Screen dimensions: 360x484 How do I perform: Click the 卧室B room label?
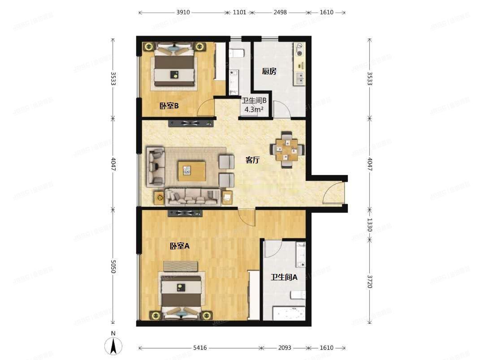pyautogui.click(x=169, y=106)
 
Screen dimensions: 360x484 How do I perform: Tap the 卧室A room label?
pyautogui.click(x=180, y=246)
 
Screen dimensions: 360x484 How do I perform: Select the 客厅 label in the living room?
pyautogui.click(x=252, y=160)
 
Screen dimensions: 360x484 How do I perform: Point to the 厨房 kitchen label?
pyautogui.click(x=269, y=71)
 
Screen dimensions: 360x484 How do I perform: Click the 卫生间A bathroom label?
pyautogui.click(x=284, y=277)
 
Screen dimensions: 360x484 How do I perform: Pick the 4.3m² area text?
pyautogui.click(x=253, y=109)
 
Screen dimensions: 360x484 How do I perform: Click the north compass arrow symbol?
pyautogui.click(x=114, y=345)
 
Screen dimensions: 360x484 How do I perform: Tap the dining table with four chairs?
pyautogui.click(x=285, y=150)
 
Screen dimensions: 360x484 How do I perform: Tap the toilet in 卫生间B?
pyautogui.click(x=236, y=53)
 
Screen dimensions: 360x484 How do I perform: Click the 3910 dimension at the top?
pyautogui.click(x=182, y=13)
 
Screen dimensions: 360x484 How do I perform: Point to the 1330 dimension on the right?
pyautogui.click(x=370, y=224)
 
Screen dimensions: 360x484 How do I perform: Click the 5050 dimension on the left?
pyautogui.click(x=113, y=268)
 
